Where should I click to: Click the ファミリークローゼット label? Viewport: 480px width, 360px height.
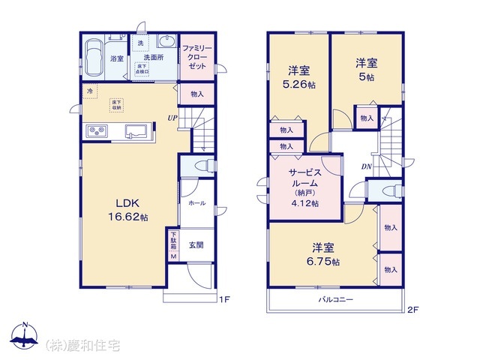197,57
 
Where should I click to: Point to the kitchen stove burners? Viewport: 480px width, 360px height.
97,132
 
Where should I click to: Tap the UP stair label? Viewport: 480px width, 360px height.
172,118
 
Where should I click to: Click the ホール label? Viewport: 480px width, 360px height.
196,202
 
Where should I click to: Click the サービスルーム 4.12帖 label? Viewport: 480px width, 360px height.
304,187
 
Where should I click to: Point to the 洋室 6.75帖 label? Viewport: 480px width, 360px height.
323,254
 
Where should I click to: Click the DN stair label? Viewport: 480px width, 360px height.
367,166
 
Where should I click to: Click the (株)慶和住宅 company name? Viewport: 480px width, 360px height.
82,345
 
